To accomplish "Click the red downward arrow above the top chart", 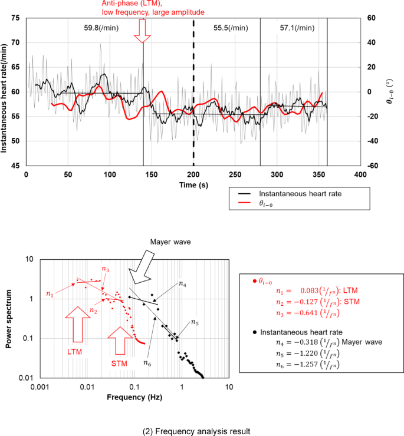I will pyautogui.click(x=142, y=30).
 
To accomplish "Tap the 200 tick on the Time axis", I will pyautogui.click(x=193, y=176).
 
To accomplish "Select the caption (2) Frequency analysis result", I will pyautogui.click(x=197, y=431).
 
